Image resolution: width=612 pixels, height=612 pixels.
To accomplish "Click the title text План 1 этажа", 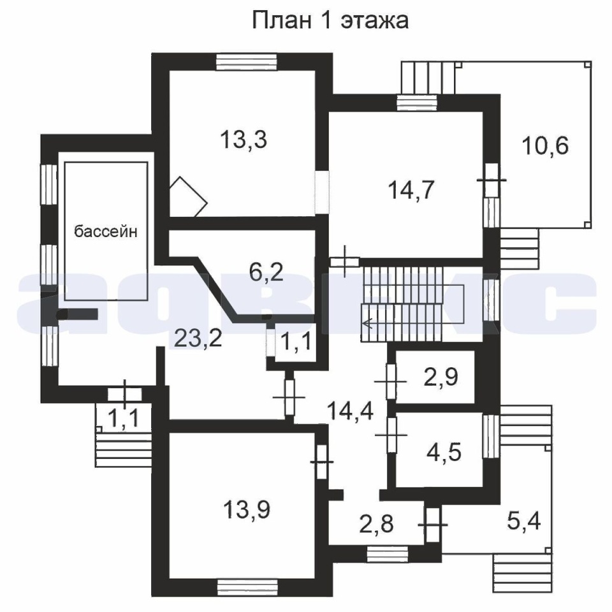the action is tap(330, 20).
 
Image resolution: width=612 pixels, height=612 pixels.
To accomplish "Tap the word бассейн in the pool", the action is tap(106, 231).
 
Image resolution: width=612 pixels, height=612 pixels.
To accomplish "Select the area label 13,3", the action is tap(244, 140).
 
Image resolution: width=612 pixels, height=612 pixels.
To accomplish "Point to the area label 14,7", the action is tap(411, 191).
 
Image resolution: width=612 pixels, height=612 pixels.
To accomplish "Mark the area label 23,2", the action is tap(198, 338).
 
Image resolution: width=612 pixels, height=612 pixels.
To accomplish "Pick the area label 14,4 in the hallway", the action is tap(351, 411).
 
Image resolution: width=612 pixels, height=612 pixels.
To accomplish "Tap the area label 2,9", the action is tap(441, 377).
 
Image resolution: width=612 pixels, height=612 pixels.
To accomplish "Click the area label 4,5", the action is tap(444, 452).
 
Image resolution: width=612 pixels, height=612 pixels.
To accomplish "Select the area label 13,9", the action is tap(247, 509).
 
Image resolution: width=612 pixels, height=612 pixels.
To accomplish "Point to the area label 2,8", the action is tap(376, 523).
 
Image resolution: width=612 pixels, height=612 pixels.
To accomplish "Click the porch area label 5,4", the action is tap(524, 521).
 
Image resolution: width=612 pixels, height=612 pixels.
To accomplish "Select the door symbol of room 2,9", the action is tap(391, 381).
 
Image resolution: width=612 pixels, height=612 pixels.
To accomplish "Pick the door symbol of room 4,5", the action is tap(391, 435).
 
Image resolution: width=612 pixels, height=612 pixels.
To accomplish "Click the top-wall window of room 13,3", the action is tap(247, 62).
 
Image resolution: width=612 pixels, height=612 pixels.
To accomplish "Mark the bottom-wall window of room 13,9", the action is tap(247, 588).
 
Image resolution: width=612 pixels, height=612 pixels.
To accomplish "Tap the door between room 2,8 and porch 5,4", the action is tap(432, 525).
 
